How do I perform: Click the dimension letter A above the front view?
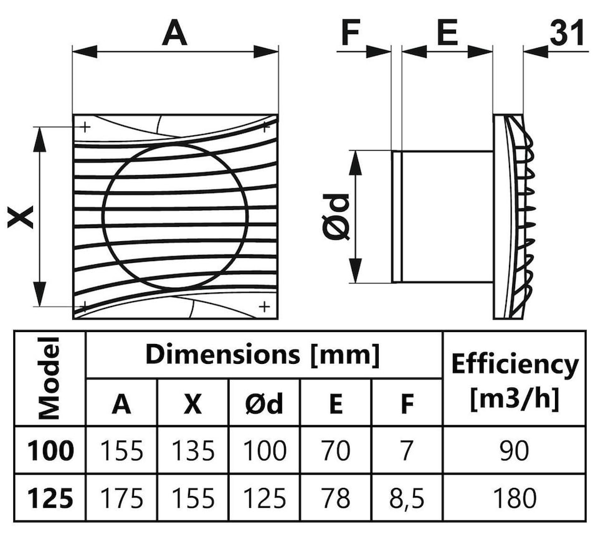click(174, 33)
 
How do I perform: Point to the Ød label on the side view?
click(336, 217)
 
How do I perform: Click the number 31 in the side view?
click(566, 33)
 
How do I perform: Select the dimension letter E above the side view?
click(447, 33)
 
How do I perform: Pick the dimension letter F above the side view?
click(351, 33)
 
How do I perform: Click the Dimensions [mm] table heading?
click(263, 355)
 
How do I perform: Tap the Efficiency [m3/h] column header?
click(515, 381)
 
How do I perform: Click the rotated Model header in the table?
click(49, 378)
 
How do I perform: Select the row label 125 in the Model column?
click(50, 498)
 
